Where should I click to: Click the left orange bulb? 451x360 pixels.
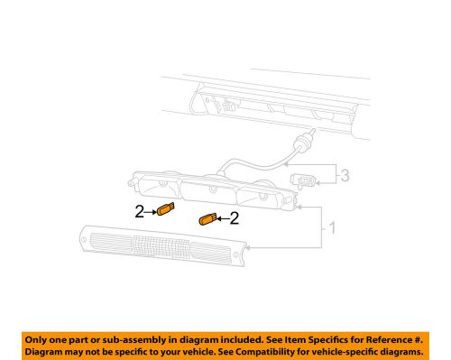165,212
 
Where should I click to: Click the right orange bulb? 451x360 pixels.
207,219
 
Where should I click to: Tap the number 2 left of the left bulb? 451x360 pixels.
140,213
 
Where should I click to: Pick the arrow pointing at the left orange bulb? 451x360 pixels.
151,213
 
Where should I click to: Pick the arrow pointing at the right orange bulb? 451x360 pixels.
221,218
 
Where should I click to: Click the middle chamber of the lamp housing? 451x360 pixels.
210,189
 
